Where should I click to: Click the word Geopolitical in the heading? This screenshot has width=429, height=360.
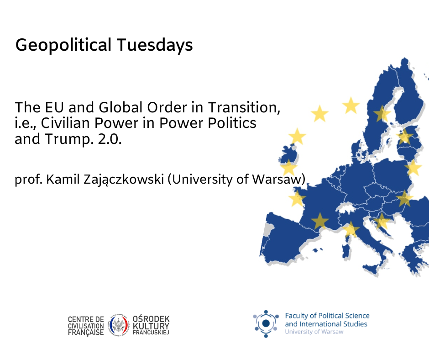point(63,45)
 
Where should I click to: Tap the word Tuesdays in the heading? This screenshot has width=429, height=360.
point(155,45)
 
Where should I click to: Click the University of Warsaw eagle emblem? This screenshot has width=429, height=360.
point(119,325)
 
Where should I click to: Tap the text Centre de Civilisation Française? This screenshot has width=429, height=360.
point(86,326)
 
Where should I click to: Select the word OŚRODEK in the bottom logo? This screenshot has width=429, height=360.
point(151,319)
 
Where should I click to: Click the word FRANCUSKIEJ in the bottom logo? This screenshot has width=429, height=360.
point(151,333)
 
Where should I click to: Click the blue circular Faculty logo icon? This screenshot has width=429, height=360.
point(266,323)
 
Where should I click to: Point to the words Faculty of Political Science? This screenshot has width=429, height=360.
point(327,316)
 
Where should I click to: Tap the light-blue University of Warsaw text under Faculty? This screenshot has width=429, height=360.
point(314,332)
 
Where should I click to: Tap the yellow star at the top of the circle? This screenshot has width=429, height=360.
point(351,106)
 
